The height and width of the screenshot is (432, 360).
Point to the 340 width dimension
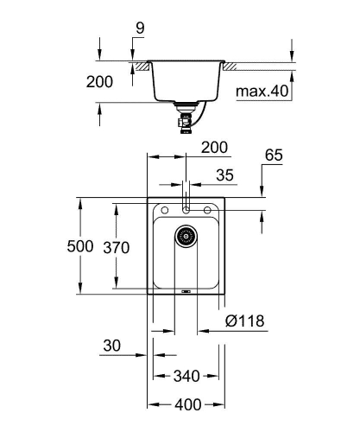point(187,377)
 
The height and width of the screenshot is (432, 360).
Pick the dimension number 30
point(111,346)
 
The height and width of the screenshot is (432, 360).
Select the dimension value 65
point(273,157)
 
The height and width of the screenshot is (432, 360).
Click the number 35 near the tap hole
point(224,175)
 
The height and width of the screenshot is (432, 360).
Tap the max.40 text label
point(262,91)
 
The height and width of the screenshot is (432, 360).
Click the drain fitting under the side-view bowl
point(186,116)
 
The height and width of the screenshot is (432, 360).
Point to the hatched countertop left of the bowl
point(137,65)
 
